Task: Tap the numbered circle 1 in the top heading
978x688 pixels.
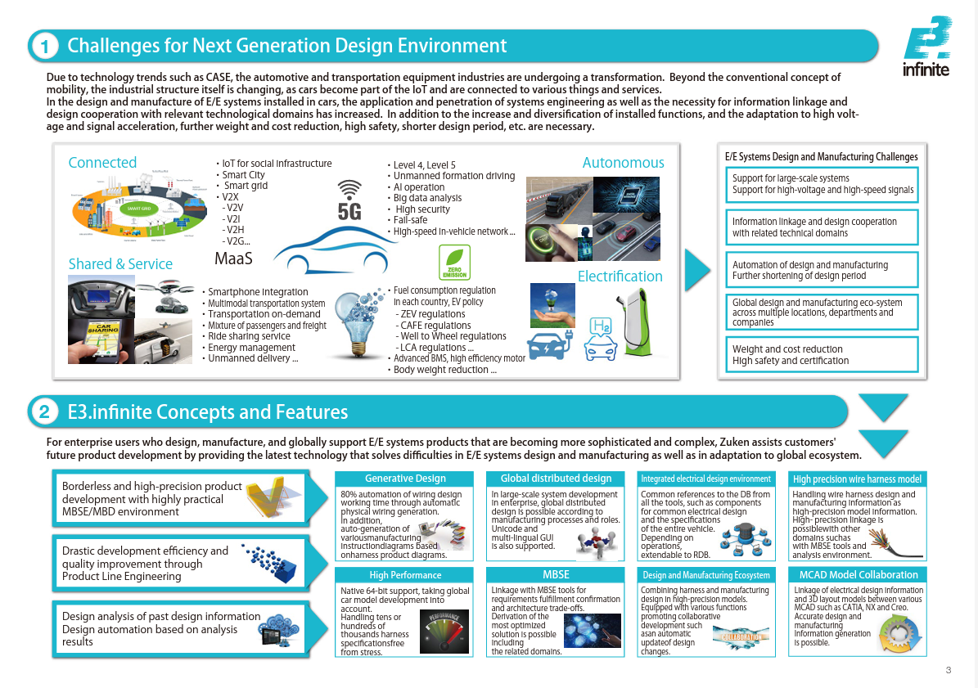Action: (43, 47)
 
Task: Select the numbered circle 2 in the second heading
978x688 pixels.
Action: (43, 412)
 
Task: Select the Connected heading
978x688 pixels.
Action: (102, 163)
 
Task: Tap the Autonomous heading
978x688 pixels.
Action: (623, 163)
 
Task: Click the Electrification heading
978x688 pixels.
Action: (620, 277)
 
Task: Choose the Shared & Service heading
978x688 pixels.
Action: (120, 264)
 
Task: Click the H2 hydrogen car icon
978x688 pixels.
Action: (601, 340)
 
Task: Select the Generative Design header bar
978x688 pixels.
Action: (405, 479)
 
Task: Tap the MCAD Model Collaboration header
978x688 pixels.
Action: (858, 575)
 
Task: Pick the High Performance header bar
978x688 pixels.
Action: (405, 575)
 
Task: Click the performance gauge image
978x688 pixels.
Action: (445, 633)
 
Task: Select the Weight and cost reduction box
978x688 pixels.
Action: (822, 354)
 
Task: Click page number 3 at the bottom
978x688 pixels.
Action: (948, 671)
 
